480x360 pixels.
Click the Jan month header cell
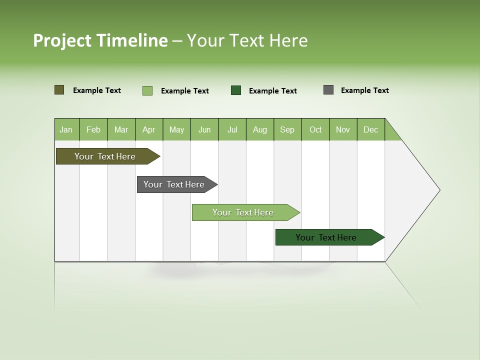pos(66,129)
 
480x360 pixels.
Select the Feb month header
pos(93,129)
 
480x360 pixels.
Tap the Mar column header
pos(121,129)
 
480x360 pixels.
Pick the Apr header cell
pos(149,129)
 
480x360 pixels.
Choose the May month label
pos(176,129)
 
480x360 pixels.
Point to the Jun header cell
pos(204,129)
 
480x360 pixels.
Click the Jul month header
pos(232,129)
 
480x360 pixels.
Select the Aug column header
pos(260,129)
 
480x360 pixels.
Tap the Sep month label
pos(287,129)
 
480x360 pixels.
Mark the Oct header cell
pos(315,129)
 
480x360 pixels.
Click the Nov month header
pos(343,129)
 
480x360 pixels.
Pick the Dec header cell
pos(371,129)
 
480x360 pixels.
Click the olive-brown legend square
pos(59,90)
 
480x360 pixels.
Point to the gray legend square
pos(328,90)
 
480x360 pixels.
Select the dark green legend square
pos(236,90)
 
